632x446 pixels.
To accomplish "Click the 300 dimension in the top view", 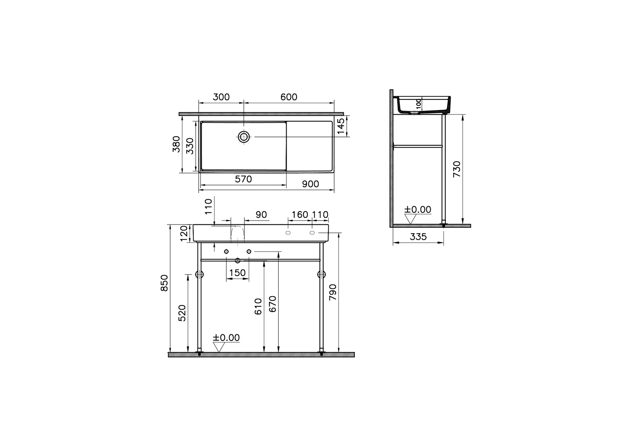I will click(x=221, y=97).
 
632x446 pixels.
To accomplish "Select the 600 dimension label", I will click(x=289, y=97).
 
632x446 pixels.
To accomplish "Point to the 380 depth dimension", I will click(x=176, y=144).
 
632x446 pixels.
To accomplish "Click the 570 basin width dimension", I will click(x=243, y=179).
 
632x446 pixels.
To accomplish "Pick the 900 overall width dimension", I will click(x=310, y=184).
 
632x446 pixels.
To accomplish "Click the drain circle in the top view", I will click(x=244, y=137).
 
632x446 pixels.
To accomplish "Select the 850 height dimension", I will click(x=164, y=283).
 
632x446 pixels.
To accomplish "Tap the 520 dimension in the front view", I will click(x=182, y=313).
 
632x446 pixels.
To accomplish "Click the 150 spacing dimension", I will click(x=237, y=273).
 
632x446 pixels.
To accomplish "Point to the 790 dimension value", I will click(x=333, y=292).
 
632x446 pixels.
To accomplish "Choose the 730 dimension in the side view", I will click(x=457, y=169).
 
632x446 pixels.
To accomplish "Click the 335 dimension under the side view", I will click(x=418, y=237).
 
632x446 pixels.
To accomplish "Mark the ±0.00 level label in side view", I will click(x=418, y=210).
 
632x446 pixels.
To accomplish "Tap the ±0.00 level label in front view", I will click(x=226, y=338).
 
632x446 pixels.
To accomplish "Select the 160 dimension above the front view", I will click(x=300, y=215).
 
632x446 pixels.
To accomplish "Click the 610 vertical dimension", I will click(x=258, y=307).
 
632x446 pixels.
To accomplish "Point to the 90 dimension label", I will click(x=261, y=215).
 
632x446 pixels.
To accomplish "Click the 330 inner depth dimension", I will click(x=190, y=146).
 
